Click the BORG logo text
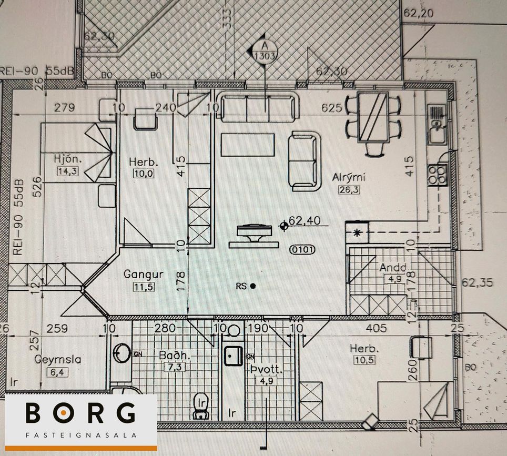point(80,413)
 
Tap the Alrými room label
point(348,177)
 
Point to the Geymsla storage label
point(58,360)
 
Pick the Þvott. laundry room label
point(267,370)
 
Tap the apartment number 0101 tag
point(302,250)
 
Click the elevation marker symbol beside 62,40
point(284,226)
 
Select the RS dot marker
point(253,286)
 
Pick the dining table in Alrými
point(373,117)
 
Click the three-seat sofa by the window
point(258,107)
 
